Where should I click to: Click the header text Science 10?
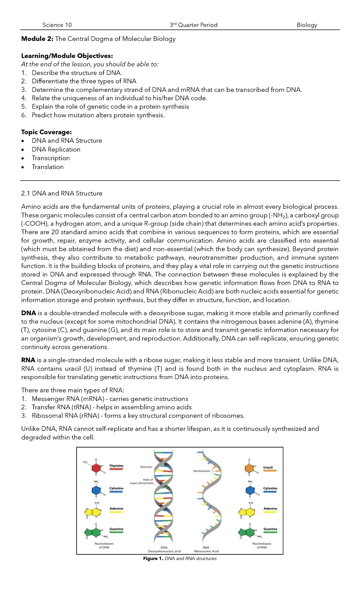(x=57, y=25)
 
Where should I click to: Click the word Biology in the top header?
(x=307, y=25)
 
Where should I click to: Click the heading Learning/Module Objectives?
(x=67, y=56)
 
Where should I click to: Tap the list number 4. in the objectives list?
(x=24, y=98)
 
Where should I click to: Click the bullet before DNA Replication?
(x=22, y=150)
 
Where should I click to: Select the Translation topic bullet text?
(x=48, y=167)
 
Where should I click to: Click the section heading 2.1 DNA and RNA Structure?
(x=61, y=194)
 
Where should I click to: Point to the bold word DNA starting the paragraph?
(x=28, y=313)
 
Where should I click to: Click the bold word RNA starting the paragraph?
(x=28, y=360)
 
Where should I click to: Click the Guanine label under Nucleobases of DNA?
(x=116, y=529)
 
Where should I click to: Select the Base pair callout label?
(x=146, y=467)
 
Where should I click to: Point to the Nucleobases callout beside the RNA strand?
(x=202, y=471)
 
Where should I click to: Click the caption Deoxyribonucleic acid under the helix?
(x=164, y=551)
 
